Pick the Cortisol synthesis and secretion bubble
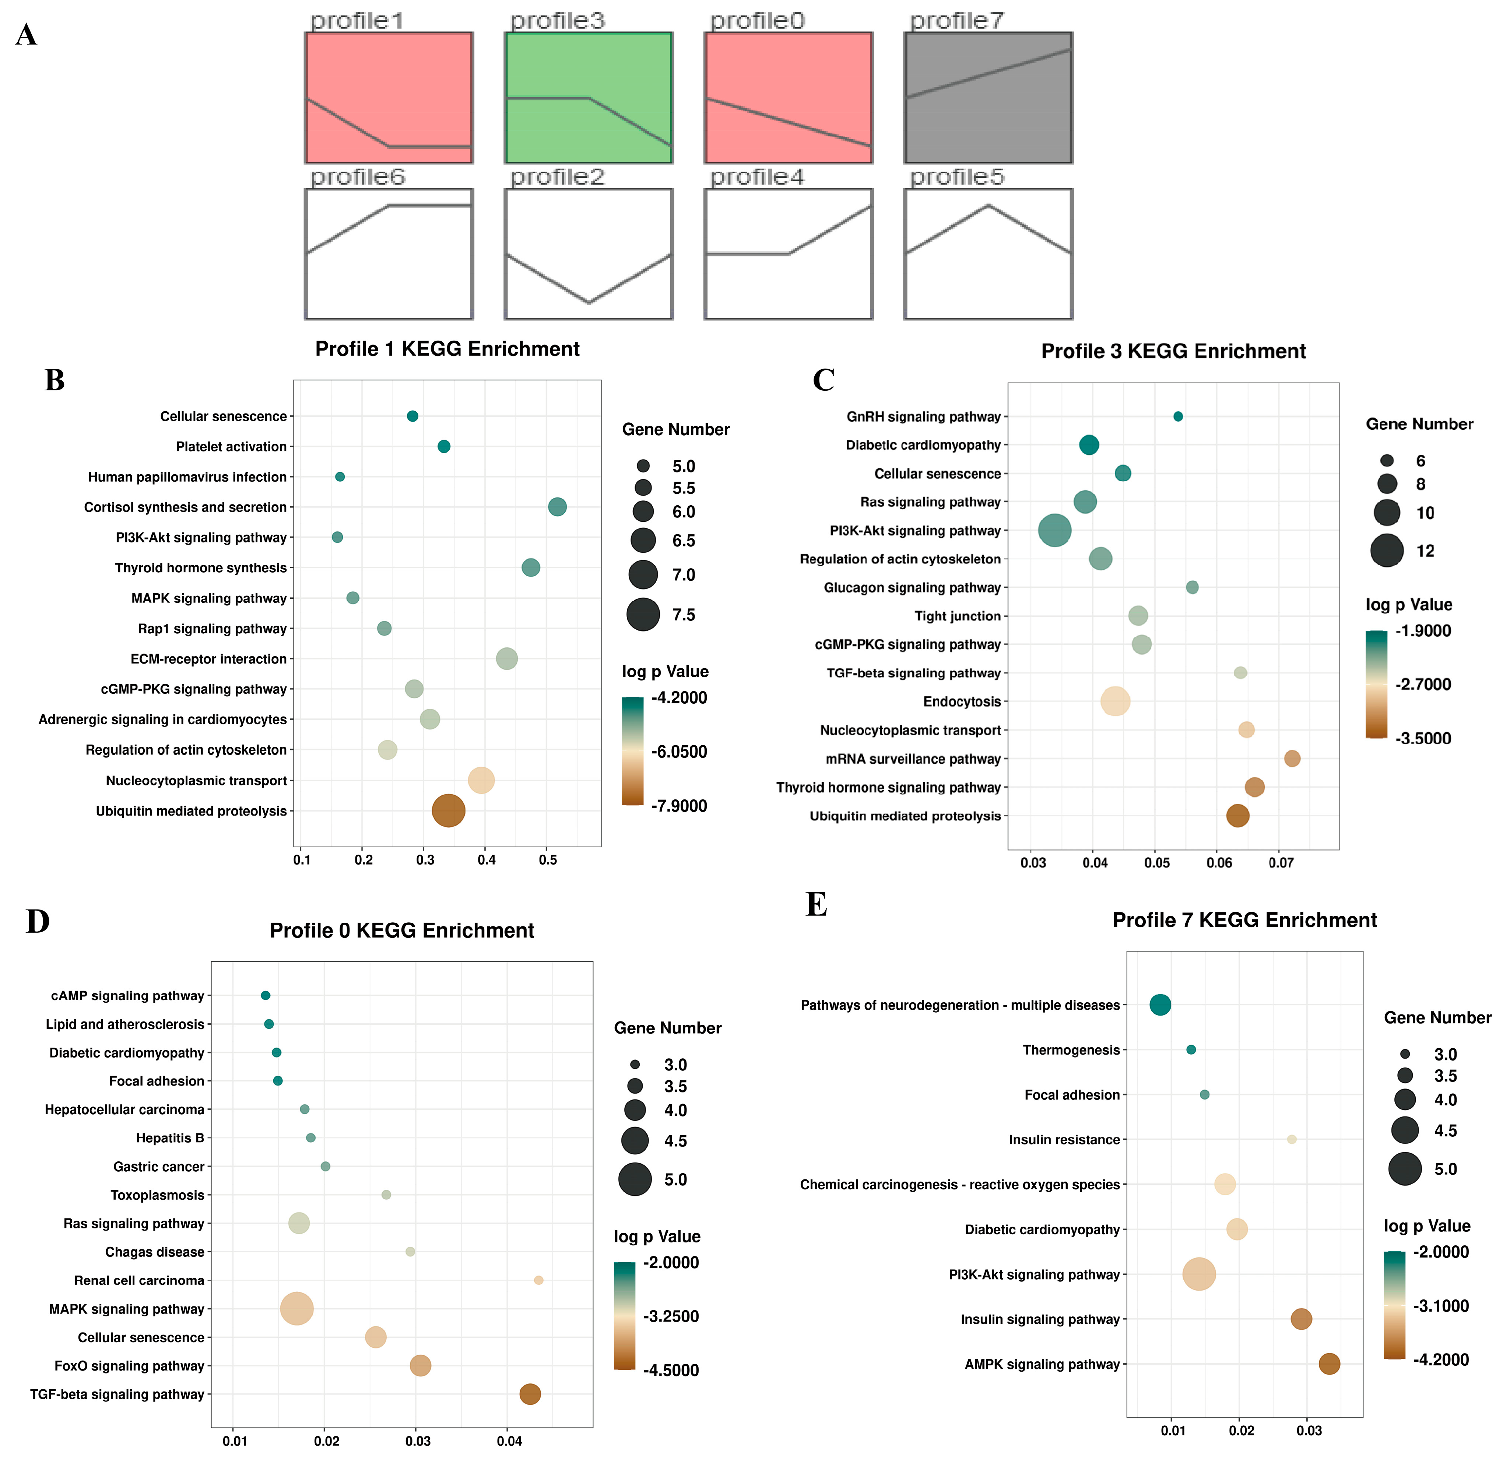(557, 507)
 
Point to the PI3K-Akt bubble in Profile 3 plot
(1055, 531)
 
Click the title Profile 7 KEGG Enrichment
(1244, 920)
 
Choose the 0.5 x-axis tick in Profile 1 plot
(548, 860)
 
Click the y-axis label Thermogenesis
(1071, 1050)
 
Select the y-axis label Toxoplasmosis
(157, 1195)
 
